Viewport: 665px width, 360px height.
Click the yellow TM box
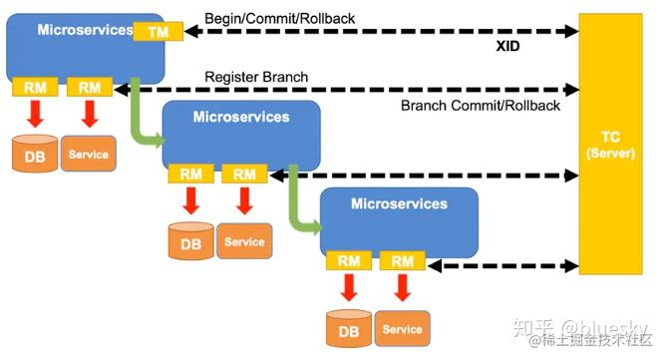pyautogui.click(x=158, y=32)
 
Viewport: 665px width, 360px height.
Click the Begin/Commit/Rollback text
pyautogui.click(x=281, y=18)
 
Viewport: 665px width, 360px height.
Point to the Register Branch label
pyautogui.click(x=256, y=77)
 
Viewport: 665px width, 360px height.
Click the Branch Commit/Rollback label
pyautogui.click(x=480, y=106)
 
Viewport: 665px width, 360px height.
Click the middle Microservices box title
pyautogui.click(x=240, y=117)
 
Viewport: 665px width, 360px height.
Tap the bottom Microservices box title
pyautogui.click(x=399, y=203)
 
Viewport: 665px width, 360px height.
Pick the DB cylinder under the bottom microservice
pyautogui.click(x=348, y=329)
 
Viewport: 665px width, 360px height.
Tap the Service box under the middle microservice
pyautogui.click(x=244, y=241)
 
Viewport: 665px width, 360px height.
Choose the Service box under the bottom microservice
pyautogui.click(x=402, y=329)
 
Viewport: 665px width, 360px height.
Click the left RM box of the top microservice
pyautogui.click(x=34, y=88)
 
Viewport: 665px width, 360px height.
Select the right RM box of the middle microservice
pyautogui.click(x=244, y=175)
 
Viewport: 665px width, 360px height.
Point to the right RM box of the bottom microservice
pyautogui.click(x=402, y=261)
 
